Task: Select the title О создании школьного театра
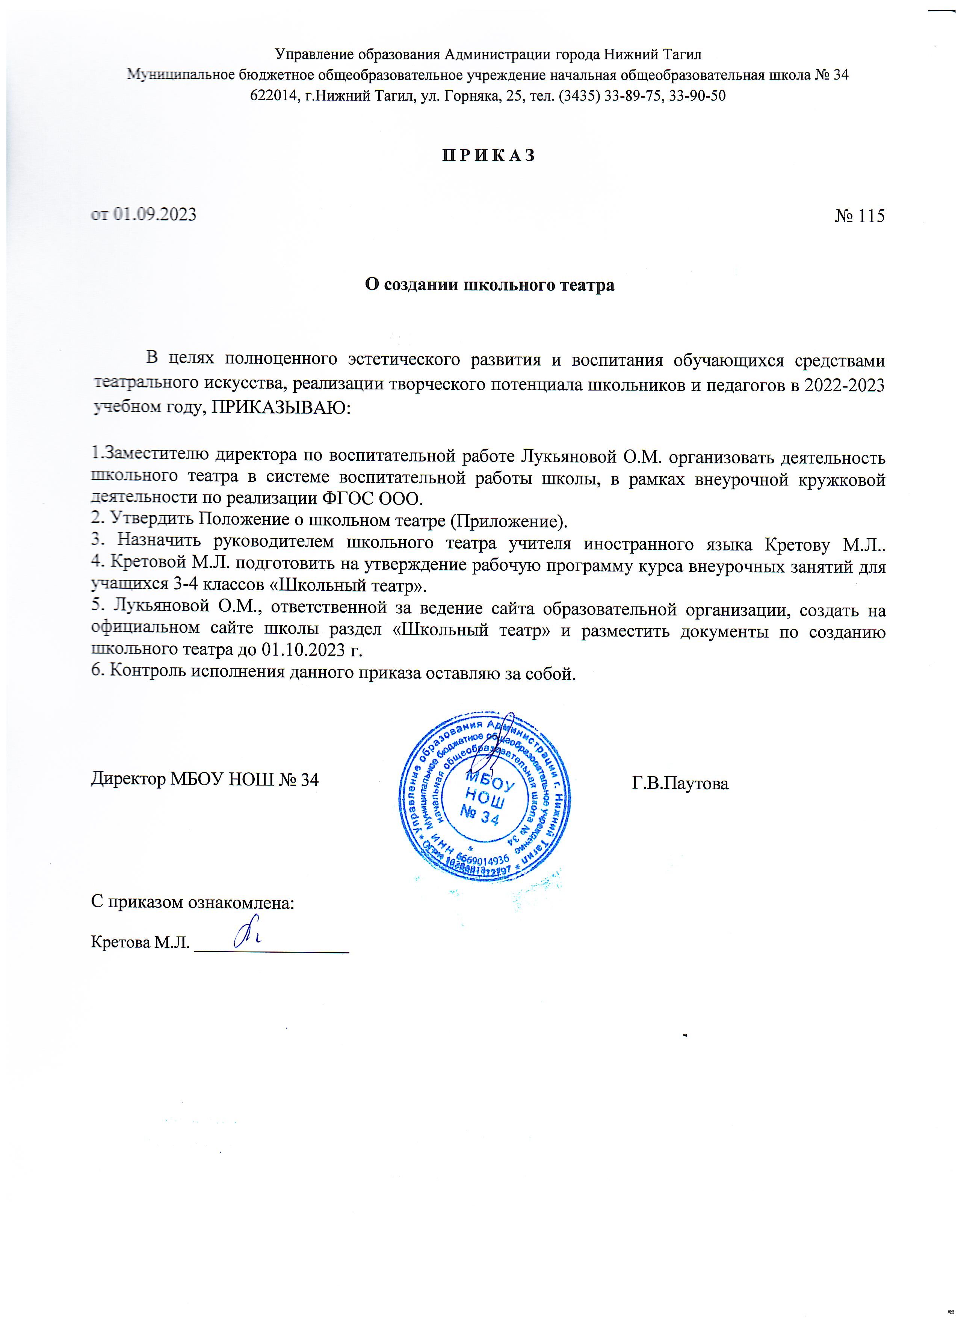pos(489,285)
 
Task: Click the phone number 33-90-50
pos(702,96)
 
